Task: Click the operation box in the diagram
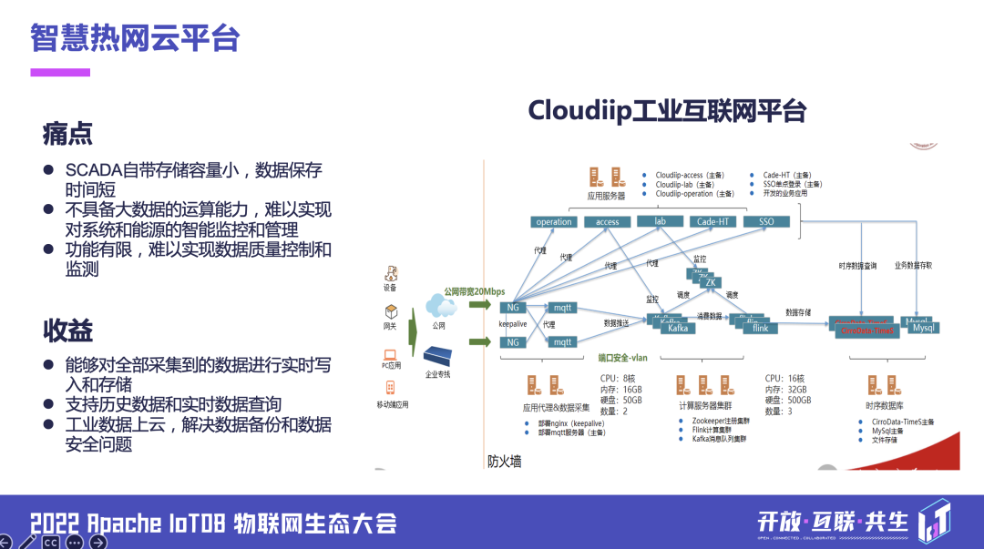554,222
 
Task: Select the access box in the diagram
608,222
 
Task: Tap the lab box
660,221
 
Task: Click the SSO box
765,221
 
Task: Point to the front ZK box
710,283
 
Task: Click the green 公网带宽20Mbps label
474,291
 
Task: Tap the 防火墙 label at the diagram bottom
504,462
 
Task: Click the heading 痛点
67,134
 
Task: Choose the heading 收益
67,330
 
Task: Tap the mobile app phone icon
391,387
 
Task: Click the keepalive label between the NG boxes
514,323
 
